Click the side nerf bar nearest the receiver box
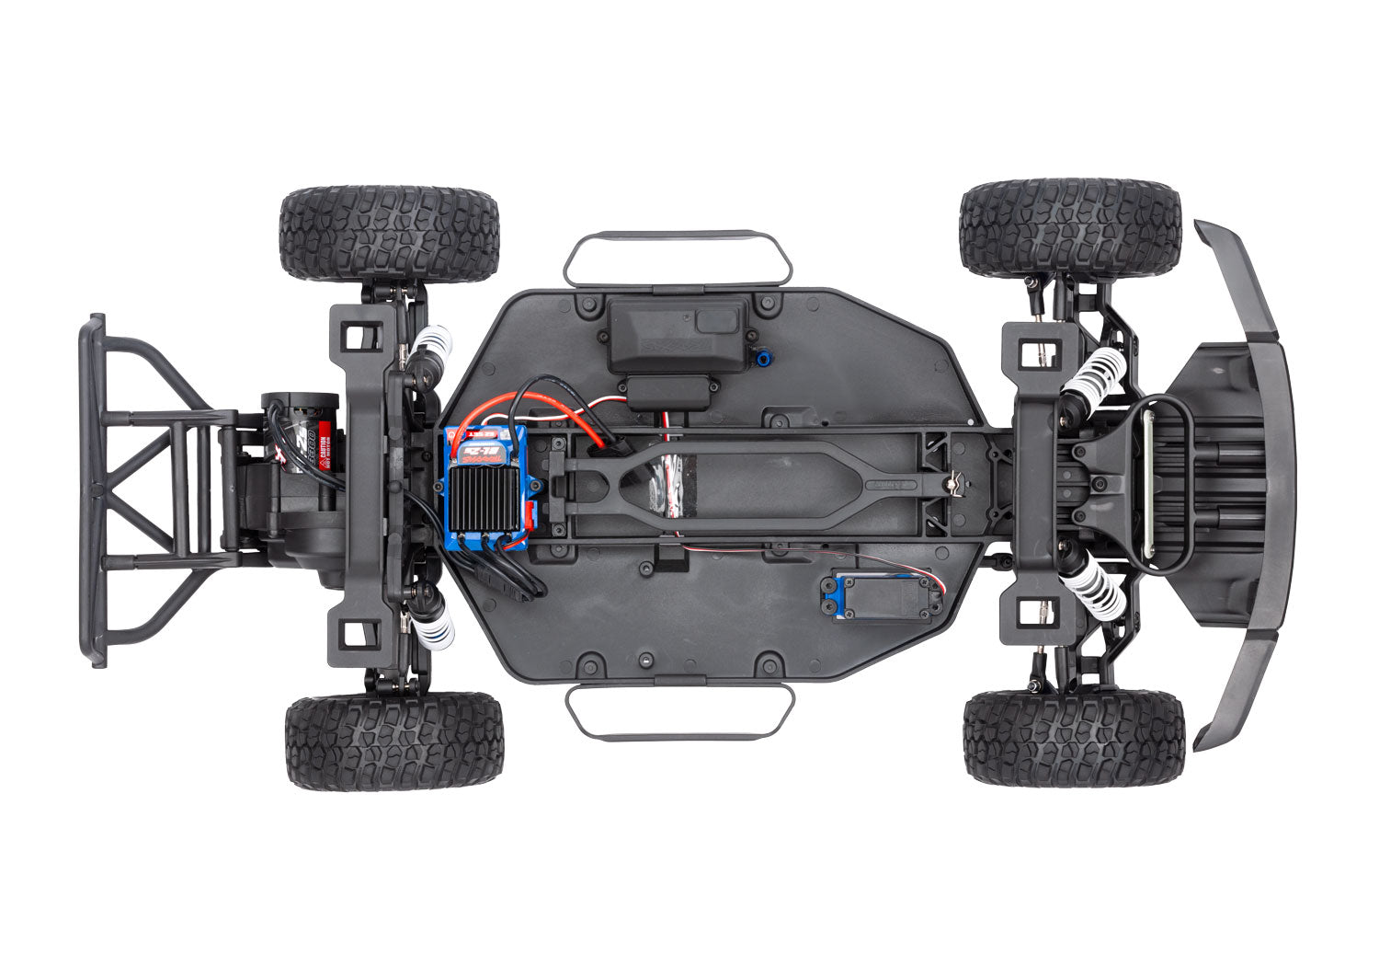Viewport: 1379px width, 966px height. pos(678,258)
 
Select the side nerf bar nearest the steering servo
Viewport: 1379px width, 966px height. pos(679,711)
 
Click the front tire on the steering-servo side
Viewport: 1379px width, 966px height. pos(1073,737)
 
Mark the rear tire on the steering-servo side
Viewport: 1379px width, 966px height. pos(394,741)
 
